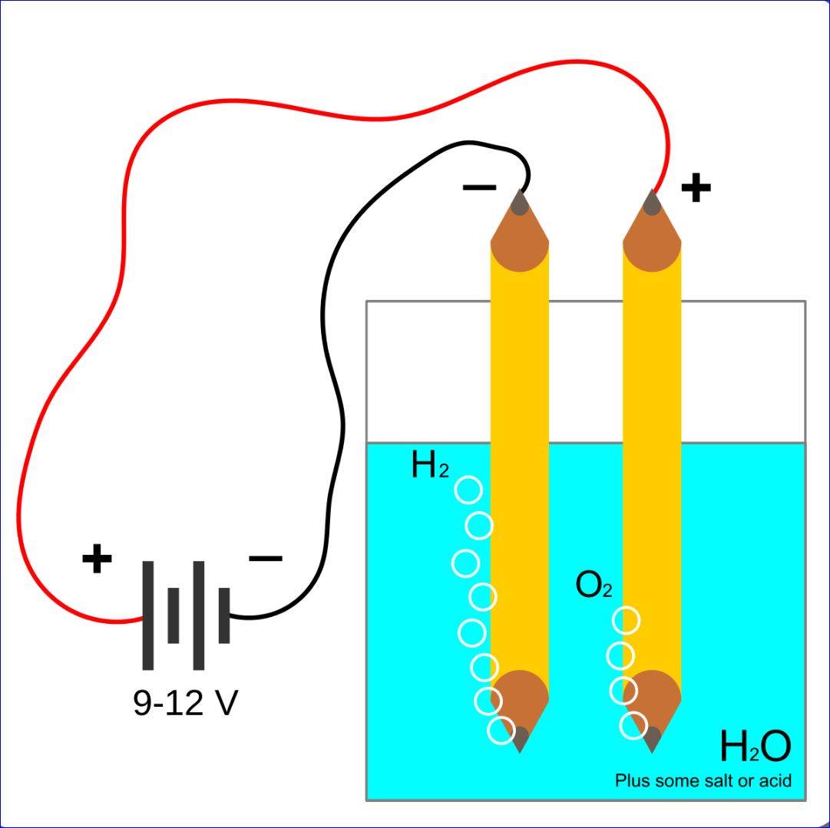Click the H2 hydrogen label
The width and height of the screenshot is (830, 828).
[x=429, y=466]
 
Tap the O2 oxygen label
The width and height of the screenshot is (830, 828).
[x=594, y=586]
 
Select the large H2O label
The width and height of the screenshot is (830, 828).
[x=754, y=747]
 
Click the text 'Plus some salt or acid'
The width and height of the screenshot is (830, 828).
[x=703, y=781]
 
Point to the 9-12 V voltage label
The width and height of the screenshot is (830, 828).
[x=185, y=703]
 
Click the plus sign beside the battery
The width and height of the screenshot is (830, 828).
[x=97, y=559]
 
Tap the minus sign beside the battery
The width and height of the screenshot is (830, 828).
[x=266, y=559]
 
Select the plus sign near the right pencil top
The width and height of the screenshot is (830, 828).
[x=696, y=187]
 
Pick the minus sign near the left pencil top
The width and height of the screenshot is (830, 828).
[x=479, y=186]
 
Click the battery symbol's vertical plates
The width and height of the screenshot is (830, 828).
[x=186, y=615]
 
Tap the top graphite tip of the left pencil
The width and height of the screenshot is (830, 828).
[x=520, y=203]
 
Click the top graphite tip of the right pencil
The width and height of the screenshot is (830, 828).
[x=653, y=203]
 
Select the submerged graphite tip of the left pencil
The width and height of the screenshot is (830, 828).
[x=520, y=738]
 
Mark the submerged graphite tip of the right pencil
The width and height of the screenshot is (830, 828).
[x=653, y=738]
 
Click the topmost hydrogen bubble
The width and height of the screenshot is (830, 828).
[x=468, y=490]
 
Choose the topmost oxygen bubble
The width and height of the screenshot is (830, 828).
[x=627, y=620]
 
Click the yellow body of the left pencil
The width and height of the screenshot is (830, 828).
[x=520, y=460]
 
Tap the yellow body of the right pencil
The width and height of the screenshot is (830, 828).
[x=653, y=460]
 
